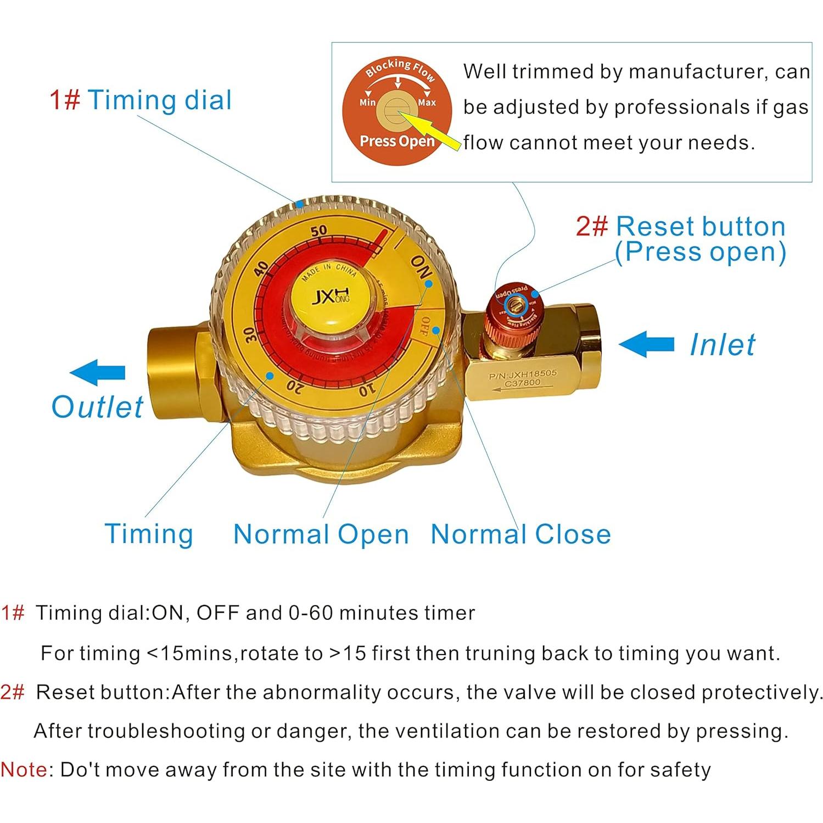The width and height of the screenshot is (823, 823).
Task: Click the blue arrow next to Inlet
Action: [646, 344]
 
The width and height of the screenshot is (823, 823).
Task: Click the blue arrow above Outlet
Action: [98, 372]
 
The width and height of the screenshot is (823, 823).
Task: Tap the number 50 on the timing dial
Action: [318, 231]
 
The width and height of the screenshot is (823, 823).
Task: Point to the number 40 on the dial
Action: [262, 270]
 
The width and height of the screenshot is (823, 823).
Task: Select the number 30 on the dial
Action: [250, 334]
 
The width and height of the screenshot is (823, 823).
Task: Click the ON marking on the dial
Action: [421, 267]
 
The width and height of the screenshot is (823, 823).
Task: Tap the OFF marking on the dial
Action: [423, 326]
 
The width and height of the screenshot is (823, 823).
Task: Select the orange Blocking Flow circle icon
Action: [397, 110]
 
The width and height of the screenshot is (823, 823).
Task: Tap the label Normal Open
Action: [321, 534]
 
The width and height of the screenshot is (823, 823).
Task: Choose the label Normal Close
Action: [520, 534]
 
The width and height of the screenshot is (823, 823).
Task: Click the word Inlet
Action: [722, 345]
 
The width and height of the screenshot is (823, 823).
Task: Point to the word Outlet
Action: [97, 407]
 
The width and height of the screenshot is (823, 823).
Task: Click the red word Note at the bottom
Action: [24, 770]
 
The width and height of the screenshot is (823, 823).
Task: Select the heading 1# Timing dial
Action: [141, 100]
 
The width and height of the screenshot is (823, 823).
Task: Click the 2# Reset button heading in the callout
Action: [680, 226]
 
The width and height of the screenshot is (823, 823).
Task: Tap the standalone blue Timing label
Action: [149, 534]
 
